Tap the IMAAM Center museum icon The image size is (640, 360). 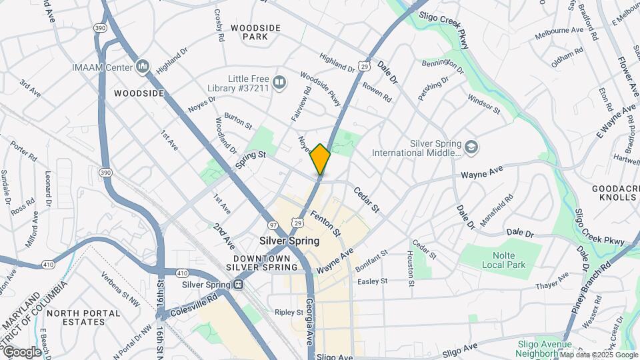[142, 67]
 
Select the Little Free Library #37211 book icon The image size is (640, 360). [279, 83]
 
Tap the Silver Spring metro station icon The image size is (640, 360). [238, 285]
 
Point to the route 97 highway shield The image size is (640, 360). [273, 225]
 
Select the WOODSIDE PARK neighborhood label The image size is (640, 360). [255, 32]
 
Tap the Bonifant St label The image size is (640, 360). [371, 261]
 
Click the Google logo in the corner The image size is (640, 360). [21, 352]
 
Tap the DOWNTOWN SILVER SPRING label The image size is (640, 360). [265, 263]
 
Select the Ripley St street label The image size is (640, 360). [289, 311]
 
